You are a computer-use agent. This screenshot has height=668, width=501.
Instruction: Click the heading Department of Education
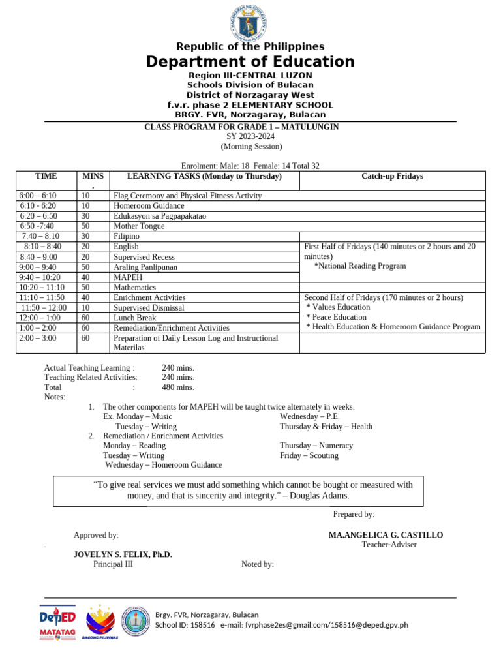tap(250, 62)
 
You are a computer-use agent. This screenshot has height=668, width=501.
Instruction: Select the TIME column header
tap(46, 176)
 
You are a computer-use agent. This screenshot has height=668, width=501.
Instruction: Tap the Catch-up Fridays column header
tap(392, 176)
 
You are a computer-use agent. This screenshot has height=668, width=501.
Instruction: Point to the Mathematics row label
tap(135, 287)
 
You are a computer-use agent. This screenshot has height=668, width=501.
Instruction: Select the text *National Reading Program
tap(360, 266)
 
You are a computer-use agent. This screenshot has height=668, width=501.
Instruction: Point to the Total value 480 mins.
tap(178, 387)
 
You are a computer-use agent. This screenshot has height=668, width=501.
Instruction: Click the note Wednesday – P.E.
tap(310, 416)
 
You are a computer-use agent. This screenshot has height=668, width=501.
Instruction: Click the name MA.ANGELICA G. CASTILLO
tap(386, 535)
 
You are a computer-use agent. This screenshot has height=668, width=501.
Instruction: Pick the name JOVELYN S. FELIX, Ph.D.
tap(123, 554)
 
